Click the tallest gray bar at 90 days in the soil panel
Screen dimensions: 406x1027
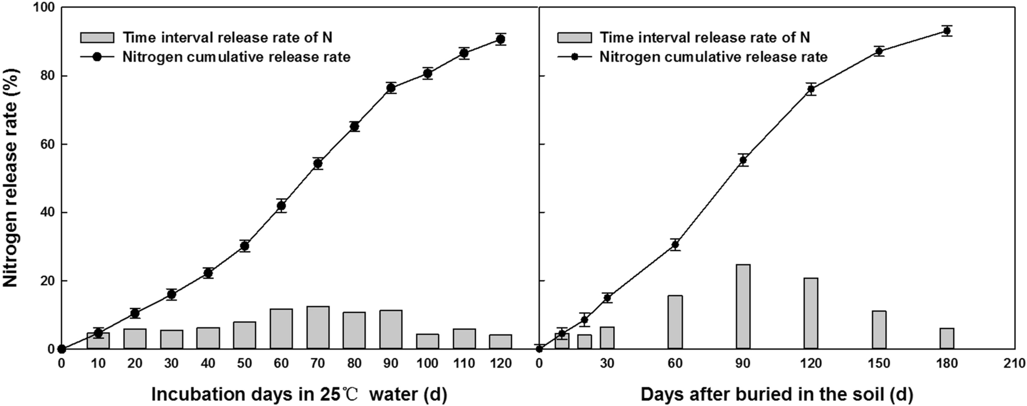coord(743,307)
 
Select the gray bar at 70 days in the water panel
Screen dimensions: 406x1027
coord(318,328)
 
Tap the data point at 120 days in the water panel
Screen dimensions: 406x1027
coord(500,39)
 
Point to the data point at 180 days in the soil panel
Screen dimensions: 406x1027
coord(947,31)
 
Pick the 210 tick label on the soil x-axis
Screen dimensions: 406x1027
coord(1014,364)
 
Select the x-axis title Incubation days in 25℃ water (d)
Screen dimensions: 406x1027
coord(299,394)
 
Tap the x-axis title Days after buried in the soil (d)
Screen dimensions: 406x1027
coord(777,394)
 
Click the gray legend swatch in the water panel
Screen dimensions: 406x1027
coord(97,37)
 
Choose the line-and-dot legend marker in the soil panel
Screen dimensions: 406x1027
coord(574,56)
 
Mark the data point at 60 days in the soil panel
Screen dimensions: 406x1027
coord(675,245)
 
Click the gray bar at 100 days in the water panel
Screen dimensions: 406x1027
coord(428,341)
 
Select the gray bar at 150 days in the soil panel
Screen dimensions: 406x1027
coord(879,330)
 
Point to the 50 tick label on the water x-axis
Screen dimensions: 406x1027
coord(244,364)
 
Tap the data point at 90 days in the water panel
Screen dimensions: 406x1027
coord(391,88)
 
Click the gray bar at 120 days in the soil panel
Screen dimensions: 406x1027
coord(811,313)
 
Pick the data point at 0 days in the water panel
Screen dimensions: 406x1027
coord(62,349)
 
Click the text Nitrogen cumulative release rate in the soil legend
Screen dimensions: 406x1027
coord(713,56)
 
